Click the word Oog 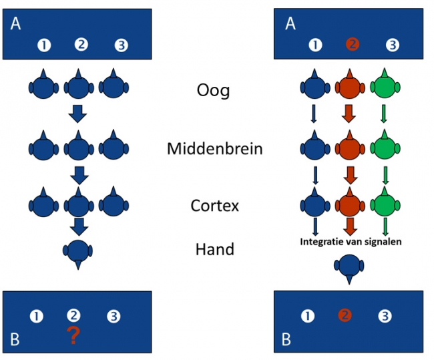213,89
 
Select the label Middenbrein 214,148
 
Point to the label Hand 214,249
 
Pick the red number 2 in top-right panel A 353,45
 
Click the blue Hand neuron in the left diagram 79,252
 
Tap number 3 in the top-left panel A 121,45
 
